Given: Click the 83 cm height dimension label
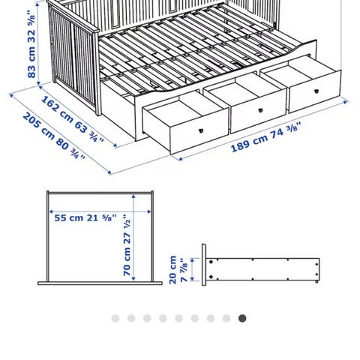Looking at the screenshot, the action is point(31,44).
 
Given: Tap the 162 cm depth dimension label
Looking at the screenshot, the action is point(72,119).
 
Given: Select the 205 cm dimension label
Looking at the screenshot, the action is point(54,136).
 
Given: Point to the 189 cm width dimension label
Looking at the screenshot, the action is point(265,136).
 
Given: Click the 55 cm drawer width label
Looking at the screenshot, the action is point(85,217).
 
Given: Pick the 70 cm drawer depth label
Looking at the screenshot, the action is point(127,245).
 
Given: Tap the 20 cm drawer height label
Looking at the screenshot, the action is point(178,270).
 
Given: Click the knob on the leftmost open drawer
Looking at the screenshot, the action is point(201,130).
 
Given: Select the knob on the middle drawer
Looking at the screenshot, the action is point(260,110).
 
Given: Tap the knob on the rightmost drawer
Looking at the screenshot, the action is point(316,91).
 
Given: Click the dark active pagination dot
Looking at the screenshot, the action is point(242,318).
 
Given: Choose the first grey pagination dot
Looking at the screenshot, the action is point(115,318).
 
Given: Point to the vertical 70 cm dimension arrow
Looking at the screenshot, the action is point(133,238).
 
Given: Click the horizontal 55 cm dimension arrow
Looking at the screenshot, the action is point(100,211).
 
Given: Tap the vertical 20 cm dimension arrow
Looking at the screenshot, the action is point(192,270).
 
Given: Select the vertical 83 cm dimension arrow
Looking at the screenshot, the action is point(38,43).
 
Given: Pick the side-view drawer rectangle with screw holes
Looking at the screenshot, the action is point(262,269).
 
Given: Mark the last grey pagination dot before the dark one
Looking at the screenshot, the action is point(226,318).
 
